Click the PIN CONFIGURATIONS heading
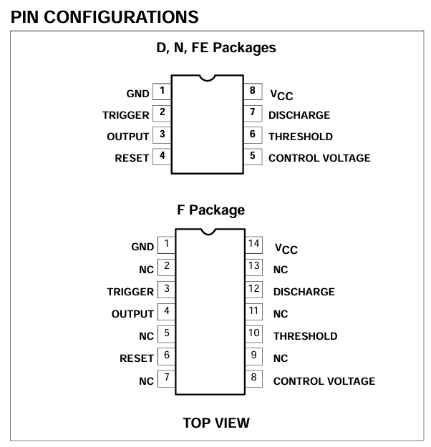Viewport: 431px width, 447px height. pyautogui.click(x=105, y=17)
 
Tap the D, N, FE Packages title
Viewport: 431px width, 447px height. pyautogui.click(x=216, y=48)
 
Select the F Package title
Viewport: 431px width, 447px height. pyautogui.click(x=211, y=210)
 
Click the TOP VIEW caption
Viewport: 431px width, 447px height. pyautogui.click(x=216, y=423)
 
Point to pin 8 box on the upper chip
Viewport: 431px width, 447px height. pyautogui.click(x=253, y=92)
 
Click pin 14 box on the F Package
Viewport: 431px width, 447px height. pyautogui.click(x=253, y=245)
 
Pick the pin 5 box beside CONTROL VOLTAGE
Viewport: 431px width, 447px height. pyautogui.click(x=253, y=157)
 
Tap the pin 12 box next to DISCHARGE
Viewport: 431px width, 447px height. pyautogui.click(x=253, y=290)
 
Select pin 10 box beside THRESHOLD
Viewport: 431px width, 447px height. pyautogui.click(x=253, y=334)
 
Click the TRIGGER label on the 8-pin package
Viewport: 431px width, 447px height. pyautogui.click(x=126, y=115)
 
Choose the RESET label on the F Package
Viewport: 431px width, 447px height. pyautogui.click(x=137, y=358)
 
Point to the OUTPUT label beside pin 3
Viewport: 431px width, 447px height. pyautogui.click(x=128, y=137)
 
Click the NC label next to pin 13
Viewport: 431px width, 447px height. pyautogui.click(x=281, y=270)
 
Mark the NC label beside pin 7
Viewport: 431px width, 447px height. pyautogui.click(x=147, y=381)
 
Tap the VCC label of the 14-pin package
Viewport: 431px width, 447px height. pyautogui.click(x=286, y=249)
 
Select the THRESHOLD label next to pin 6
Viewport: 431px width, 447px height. pyautogui.click(x=301, y=137)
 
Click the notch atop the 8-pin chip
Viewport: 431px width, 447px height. pyautogui.click(x=207, y=78)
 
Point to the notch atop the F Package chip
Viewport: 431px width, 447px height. pyautogui.click(x=208, y=232)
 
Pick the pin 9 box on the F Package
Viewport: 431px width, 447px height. pyautogui.click(x=253, y=356)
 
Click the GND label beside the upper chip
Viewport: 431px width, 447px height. pyautogui.click(x=138, y=94)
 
